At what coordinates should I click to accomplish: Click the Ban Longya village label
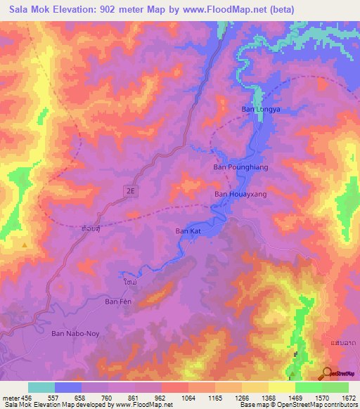[261, 109]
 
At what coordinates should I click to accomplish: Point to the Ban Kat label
[188, 231]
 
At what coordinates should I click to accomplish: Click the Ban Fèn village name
[117, 301]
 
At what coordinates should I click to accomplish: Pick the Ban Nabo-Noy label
[77, 335]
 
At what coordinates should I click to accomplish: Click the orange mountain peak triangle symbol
[25, 245]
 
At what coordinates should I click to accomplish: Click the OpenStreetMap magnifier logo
[327, 373]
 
